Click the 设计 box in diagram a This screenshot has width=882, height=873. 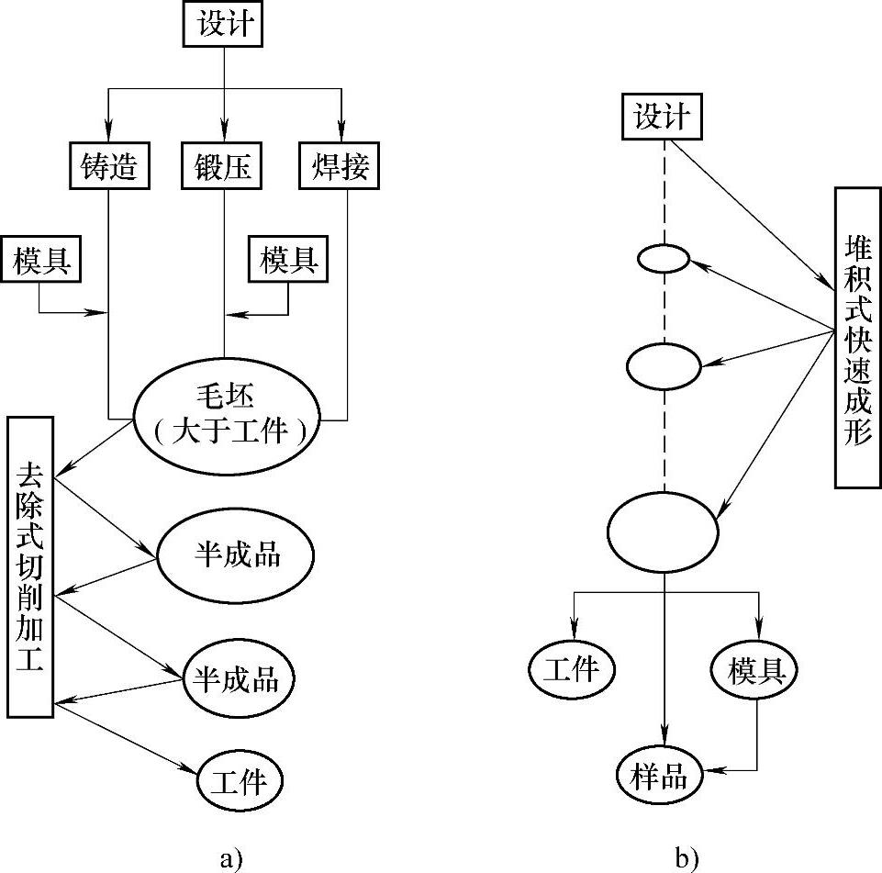click(224, 24)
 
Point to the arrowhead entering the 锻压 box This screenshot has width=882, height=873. click(224, 133)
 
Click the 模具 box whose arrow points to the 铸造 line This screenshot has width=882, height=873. click(40, 260)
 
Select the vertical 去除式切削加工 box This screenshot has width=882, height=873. click(30, 565)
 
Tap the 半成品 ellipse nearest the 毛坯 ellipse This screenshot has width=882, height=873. click(237, 555)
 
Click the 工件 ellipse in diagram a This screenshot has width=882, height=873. click(239, 781)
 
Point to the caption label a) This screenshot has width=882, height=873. click(231, 857)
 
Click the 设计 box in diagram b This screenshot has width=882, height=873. click(662, 118)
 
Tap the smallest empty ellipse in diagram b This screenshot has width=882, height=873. click(663, 259)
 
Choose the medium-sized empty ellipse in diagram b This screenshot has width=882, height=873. click(663, 366)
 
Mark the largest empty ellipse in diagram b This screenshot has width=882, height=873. click(663, 531)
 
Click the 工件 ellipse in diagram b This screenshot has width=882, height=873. click(571, 669)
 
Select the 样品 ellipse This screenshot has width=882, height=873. click(660, 776)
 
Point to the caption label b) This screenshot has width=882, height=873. click(687, 857)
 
